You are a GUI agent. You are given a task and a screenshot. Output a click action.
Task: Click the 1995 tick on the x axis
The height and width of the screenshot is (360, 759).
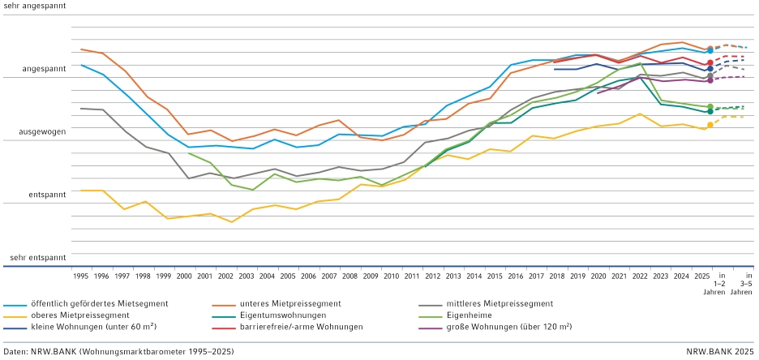click(x=81, y=276)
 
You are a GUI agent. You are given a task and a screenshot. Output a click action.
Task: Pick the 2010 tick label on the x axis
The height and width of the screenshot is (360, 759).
click(x=391, y=276)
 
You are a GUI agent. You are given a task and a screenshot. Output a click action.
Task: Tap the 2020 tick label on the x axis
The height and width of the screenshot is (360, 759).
click(x=598, y=276)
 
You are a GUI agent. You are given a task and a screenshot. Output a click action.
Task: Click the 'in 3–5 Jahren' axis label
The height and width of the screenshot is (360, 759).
click(x=745, y=284)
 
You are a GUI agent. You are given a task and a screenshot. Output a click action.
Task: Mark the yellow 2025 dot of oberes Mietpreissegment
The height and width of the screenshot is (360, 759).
click(x=710, y=125)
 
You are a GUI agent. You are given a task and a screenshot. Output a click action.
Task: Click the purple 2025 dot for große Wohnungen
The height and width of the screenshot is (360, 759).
click(x=710, y=80)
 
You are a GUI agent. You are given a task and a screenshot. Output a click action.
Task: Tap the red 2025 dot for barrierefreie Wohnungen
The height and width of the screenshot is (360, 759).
click(x=710, y=62)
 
